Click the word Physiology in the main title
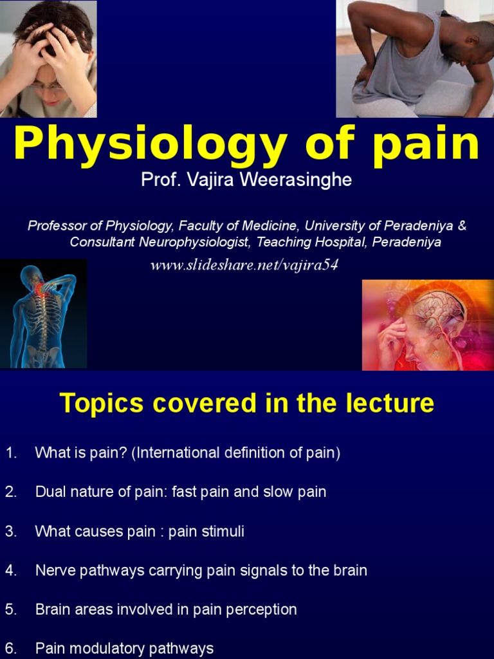pyautogui.click(x=150, y=145)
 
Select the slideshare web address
pyautogui.click(x=244, y=266)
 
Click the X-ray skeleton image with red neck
pyautogui.click(x=44, y=313)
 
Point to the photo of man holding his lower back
pyautogui.click(x=415, y=59)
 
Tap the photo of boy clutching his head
pyautogui.click(x=48, y=59)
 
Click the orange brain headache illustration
pyautogui.click(x=428, y=325)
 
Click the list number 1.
pyautogui.click(x=10, y=453)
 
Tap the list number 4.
pyautogui.click(x=10, y=570)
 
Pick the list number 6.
pyautogui.click(x=10, y=648)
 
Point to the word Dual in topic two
pyautogui.click(x=50, y=492)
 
